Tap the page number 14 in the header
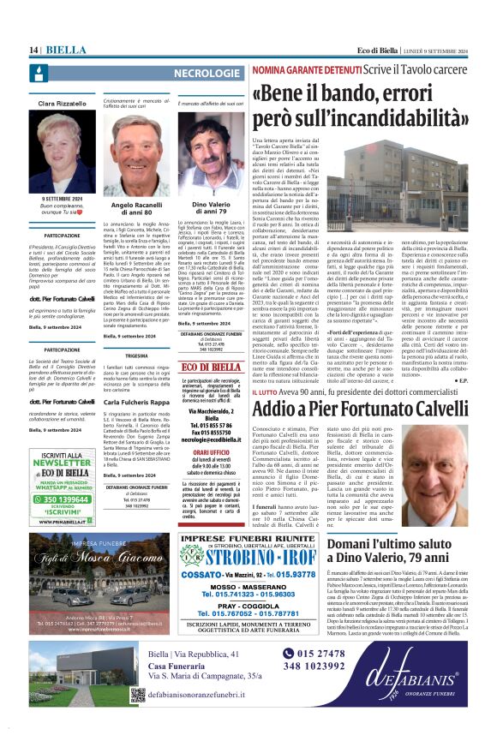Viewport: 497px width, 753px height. (35, 51)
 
